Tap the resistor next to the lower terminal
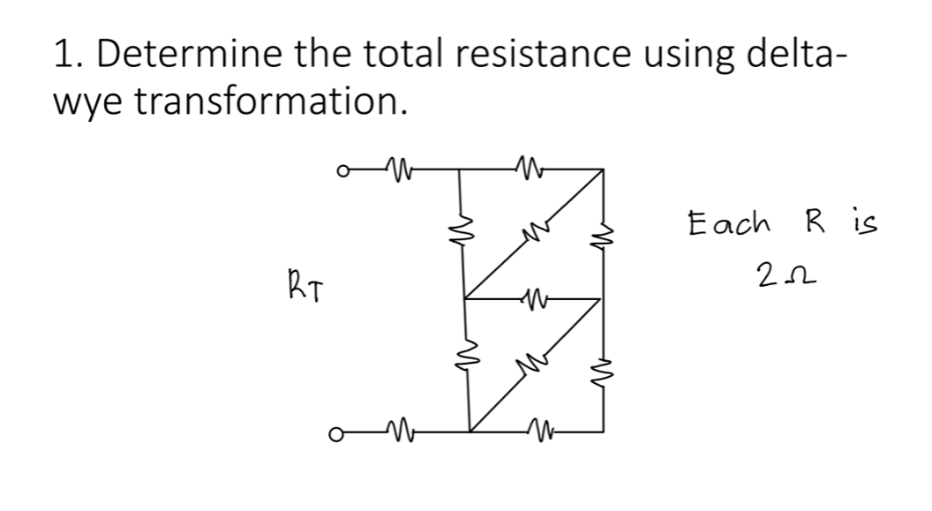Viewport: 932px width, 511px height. (395, 432)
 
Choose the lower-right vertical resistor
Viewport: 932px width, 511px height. (604, 365)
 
